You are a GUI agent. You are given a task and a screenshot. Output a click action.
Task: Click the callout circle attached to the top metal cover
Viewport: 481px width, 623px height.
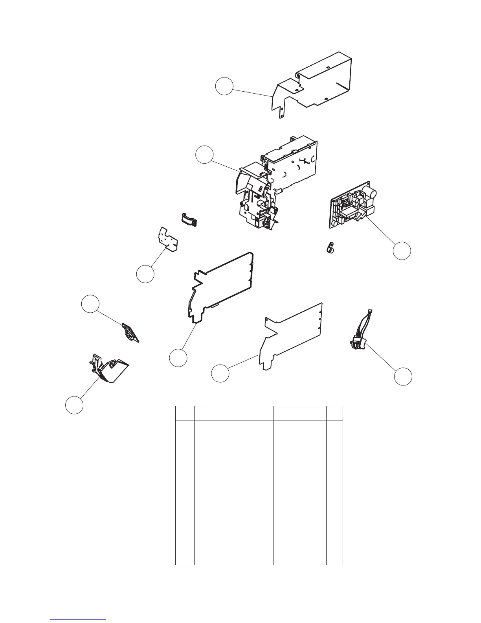[224, 86]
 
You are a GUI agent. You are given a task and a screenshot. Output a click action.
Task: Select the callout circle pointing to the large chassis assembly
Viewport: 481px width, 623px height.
[205, 154]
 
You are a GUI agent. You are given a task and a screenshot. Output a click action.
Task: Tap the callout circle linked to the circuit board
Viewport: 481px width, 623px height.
[402, 251]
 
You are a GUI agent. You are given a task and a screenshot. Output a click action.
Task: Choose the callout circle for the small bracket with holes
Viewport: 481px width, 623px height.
[145, 274]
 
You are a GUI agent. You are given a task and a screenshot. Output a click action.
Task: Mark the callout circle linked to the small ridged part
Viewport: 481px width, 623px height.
[90, 304]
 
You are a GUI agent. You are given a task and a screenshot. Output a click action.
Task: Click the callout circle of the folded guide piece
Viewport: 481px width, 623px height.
[74, 405]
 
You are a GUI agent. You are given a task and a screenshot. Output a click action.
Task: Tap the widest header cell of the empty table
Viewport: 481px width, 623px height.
[234, 413]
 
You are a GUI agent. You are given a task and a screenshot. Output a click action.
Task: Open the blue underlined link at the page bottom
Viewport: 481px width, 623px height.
[78, 619]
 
